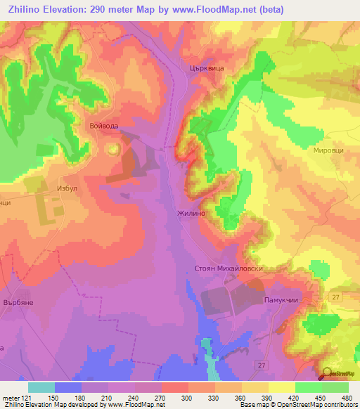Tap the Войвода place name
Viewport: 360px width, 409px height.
point(104,125)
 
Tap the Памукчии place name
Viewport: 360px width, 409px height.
point(281,299)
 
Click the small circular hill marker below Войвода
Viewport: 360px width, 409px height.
point(112,148)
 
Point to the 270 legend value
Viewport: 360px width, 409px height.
point(161,396)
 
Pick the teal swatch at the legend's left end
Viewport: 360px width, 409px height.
point(41,387)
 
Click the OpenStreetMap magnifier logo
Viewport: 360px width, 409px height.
point(328,374)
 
